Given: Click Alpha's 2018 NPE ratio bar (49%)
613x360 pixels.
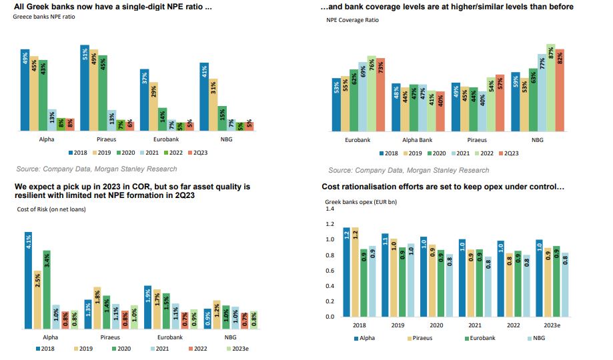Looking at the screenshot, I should (25, 89).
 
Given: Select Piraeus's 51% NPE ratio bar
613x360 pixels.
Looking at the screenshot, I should (85, 87).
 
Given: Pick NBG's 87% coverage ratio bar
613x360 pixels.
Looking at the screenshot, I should (550, 87).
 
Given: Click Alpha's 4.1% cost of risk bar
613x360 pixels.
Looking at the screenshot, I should (28, 280).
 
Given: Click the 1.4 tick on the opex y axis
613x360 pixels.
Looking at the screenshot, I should (328, 209).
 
